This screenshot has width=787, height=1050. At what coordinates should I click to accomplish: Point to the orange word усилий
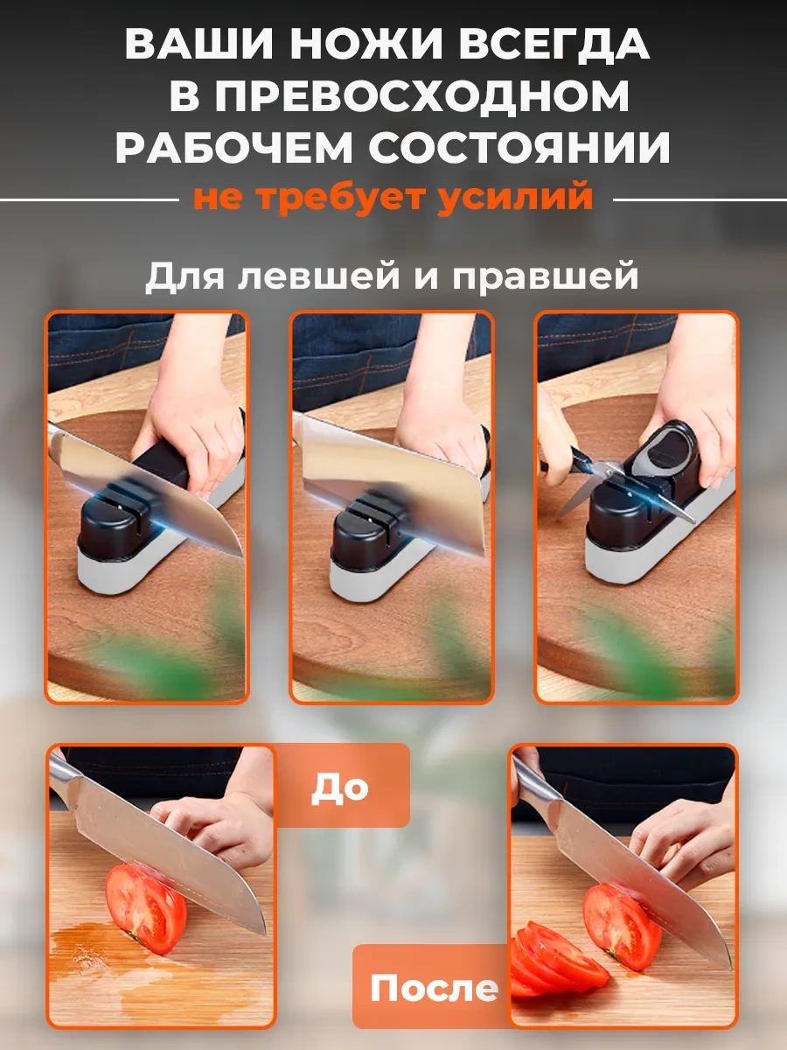[515, 197]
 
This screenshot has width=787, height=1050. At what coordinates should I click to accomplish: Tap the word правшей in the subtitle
[545, 277]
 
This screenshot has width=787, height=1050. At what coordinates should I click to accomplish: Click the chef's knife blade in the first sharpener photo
[153, 483]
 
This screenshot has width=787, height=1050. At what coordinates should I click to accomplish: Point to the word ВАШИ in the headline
[199, 44]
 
